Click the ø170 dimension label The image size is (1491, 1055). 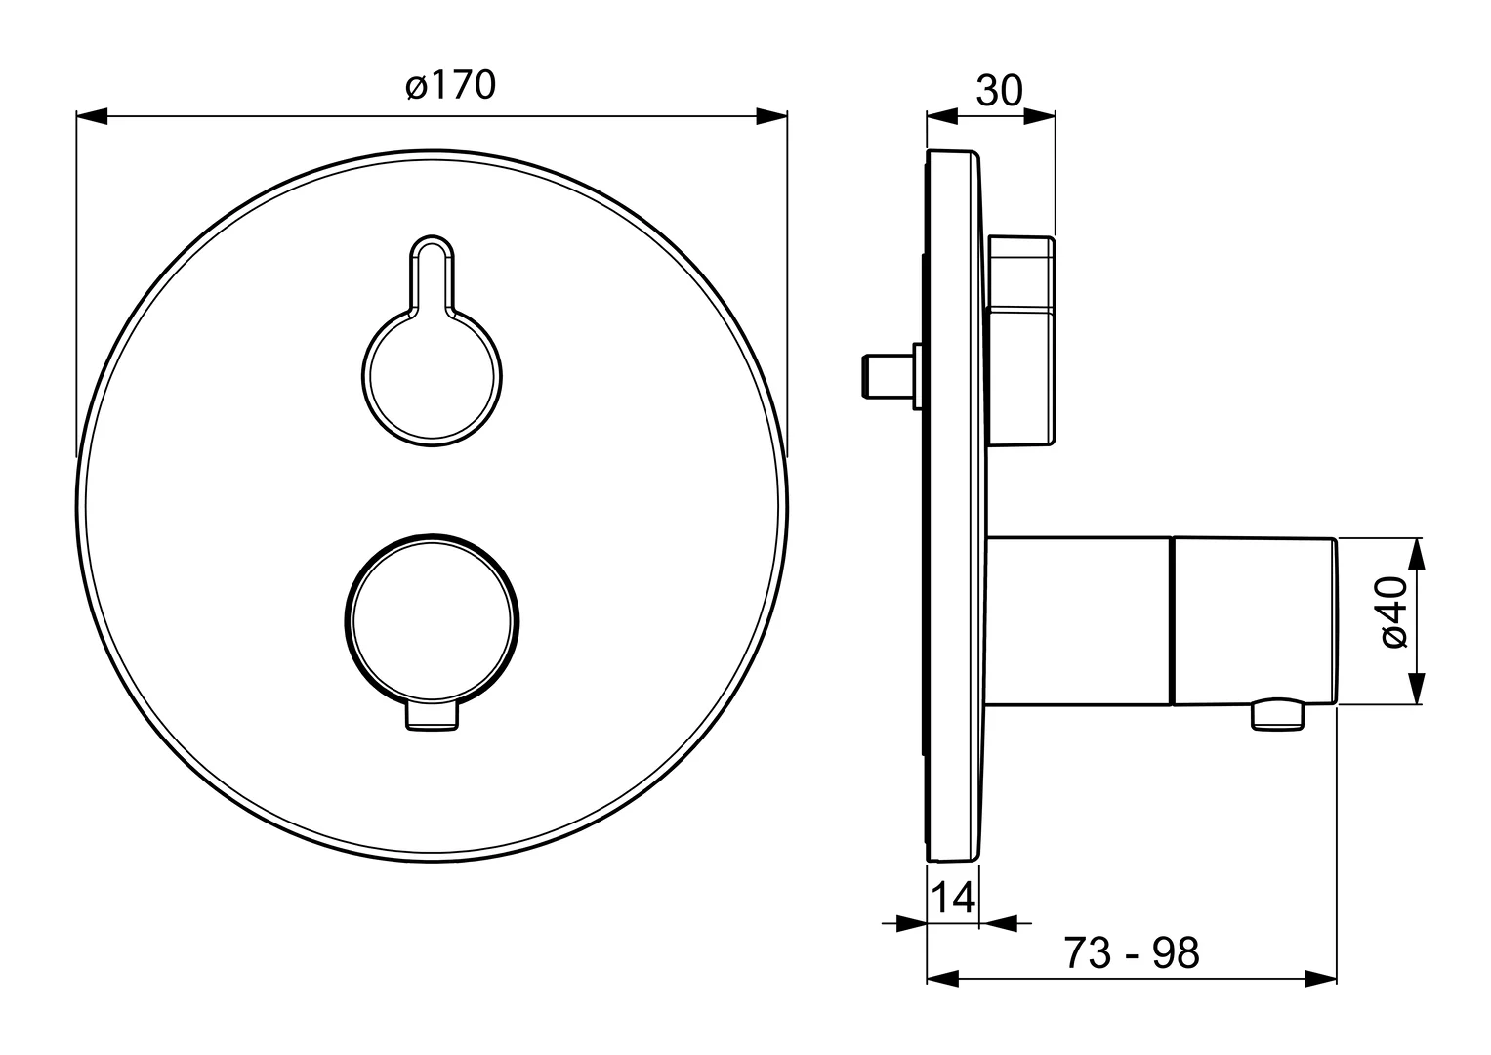451,86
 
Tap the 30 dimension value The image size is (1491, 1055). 999,91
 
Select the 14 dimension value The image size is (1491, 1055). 953,898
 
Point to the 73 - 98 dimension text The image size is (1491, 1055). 1132,953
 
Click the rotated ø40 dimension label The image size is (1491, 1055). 1393,612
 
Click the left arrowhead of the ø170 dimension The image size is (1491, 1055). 92,116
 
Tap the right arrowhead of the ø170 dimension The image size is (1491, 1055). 772,116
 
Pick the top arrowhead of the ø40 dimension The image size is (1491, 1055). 1417,554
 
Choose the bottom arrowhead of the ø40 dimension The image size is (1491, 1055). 1417,689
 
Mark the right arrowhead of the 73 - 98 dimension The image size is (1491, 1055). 1321,979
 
